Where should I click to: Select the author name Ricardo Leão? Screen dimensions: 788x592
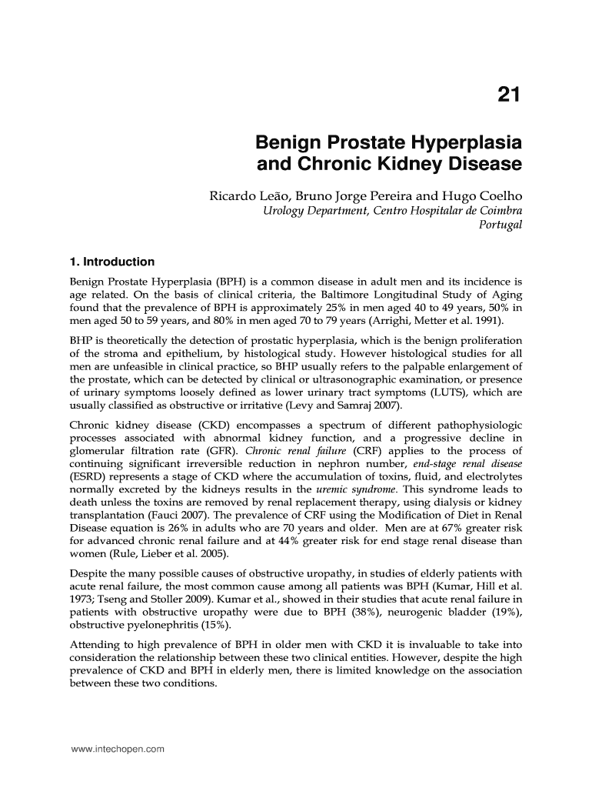pos(249,196)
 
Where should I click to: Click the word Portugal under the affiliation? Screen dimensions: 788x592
pos(500,225)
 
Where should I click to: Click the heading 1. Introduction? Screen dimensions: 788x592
pos(112,262)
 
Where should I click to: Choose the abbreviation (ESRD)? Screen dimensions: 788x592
pos(87,476)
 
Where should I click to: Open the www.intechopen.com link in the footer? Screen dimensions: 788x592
pos(112,748)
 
